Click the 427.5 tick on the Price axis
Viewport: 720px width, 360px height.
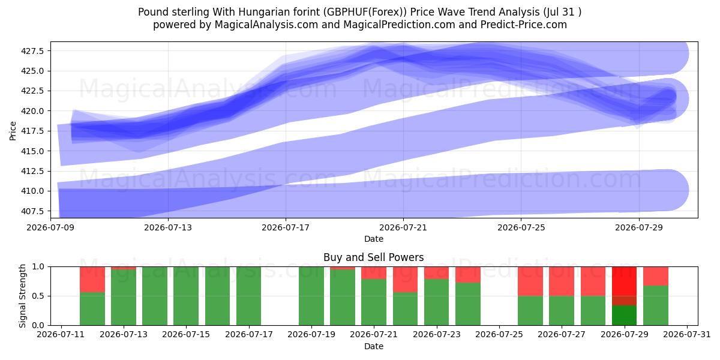tap(32, 51)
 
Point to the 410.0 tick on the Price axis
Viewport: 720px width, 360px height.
tap(32, 191)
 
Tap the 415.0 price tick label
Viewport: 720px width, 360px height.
tap(32, 151)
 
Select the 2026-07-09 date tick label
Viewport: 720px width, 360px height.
tap(50, 227)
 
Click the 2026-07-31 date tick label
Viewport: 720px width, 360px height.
tap(687, 334)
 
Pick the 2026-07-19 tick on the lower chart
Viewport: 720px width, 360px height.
tap(311, 334)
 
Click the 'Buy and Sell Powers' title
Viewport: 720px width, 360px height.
tap(373, 257)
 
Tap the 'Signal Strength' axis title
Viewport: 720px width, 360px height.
tap(22, 296)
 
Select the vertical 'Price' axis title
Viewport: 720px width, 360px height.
tap(13, 131)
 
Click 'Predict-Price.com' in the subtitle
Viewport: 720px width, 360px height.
tap(524, 25)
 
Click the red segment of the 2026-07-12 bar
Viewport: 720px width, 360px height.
tap(92, 280)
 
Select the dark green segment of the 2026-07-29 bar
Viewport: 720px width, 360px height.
tap(624, 316)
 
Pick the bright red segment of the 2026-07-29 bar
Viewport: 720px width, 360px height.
tap(624, 281)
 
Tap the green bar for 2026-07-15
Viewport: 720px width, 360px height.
tap(186, 296)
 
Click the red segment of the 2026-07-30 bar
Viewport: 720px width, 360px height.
tap(656, 276)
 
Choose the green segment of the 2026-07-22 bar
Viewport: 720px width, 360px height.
tap(405, 308)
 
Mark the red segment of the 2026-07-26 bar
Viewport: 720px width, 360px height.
tap(530, 281)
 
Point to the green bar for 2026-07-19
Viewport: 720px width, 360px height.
tap(311, 296)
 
